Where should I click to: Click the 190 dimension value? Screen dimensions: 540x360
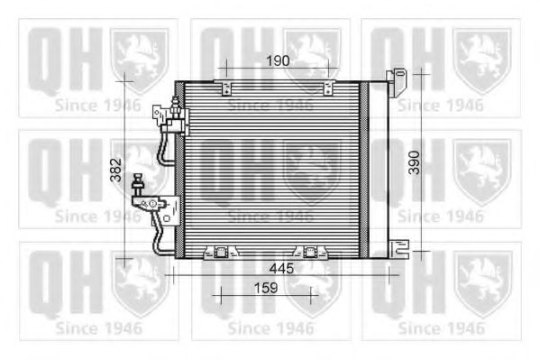click(x=278, y=60)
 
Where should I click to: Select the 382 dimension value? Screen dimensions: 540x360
click(x=116, y=170)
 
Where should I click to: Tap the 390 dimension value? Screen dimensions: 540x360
click(x=415, y=162)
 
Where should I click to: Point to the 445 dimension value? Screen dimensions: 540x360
click(x=281, y=268)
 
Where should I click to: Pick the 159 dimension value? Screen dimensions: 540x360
click(x=266, y=288)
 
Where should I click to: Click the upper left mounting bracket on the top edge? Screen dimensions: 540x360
click(x=224, y=88)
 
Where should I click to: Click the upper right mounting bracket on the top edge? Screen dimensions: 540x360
click(x=327, y=88)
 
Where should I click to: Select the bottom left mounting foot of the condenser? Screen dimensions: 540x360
click(x=221, y=253)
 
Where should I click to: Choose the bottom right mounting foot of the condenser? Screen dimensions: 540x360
click(x=310, y=253)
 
